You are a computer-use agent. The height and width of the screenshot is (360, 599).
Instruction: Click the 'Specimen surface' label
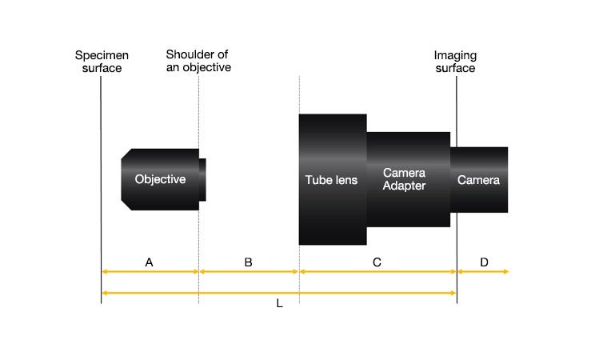(x=102, y=62)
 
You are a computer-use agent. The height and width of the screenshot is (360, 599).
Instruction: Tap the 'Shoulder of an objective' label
(x=198, y=61)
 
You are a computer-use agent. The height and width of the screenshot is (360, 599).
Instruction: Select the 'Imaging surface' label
(x=454, y=62)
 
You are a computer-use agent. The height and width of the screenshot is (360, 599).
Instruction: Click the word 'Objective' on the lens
(x=160, y=179)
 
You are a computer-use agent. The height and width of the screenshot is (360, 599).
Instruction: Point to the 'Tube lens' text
(x=331, y=180)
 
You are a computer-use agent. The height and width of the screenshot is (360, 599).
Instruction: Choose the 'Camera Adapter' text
(x=404, y=179)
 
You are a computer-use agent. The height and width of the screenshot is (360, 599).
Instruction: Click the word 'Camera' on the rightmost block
(x=478, y=180)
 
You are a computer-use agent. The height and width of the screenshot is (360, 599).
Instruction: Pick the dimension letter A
(x=149, y=262)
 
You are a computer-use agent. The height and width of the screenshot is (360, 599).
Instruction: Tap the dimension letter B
(x=248, y=262)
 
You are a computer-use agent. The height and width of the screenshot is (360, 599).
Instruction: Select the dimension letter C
(x=377, y=262)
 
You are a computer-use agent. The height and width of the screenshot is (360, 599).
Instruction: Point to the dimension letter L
(x=279, y=305)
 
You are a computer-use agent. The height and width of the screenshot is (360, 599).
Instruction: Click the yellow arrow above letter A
(x=150, y=272)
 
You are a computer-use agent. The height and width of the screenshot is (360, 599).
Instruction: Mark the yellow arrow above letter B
(x=249, y=272)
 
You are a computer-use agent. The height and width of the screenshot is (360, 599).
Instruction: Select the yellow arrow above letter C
(x=377, y=272)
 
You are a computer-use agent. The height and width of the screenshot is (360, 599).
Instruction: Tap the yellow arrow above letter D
(x=482, y=272)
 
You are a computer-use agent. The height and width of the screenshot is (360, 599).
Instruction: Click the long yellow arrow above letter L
(x=279, y=293)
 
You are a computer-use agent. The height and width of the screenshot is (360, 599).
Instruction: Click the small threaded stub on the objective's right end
(x=202, y=179)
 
